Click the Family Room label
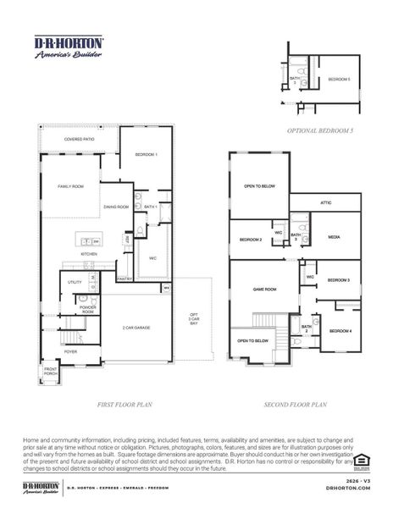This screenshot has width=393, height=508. point(70,185)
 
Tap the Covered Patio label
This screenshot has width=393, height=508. point(79,139)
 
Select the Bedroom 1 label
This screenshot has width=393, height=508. point(147,155)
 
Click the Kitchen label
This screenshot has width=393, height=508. point(89,253)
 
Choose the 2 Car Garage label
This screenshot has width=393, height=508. point(136,327)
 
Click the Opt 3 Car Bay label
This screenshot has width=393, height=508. point(194,320)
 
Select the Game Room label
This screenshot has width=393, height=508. point(265,290)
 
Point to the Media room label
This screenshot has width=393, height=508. point(334,237)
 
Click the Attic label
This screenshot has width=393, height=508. point(325,202)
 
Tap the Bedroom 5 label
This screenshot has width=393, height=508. point(339,79)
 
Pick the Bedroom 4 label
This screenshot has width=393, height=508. point(340,330)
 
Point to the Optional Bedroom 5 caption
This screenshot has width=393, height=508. point(319,130)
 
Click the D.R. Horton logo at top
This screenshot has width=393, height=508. point(69,45)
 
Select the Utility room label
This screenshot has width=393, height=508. point(75,281)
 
